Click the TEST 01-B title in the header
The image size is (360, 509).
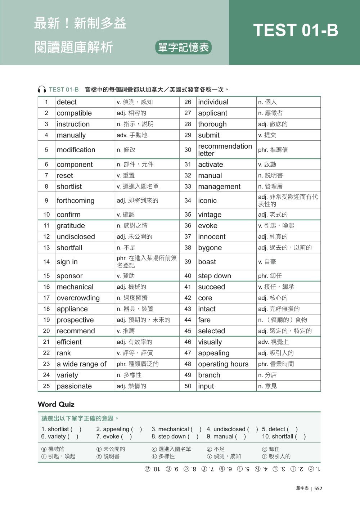click(296, 30)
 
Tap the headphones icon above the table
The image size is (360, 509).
click(42, 90)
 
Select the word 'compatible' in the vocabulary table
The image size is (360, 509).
click(74, 113)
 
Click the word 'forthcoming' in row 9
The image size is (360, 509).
click(76, 201)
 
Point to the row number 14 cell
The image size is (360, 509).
click(46, 262)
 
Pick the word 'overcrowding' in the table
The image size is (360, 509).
click(78, 298)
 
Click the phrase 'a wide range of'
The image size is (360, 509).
click(82, 364)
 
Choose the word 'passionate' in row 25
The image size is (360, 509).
click(74, 386)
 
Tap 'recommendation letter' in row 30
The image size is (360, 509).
click(225, 150)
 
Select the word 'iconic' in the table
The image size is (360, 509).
click(207, 201)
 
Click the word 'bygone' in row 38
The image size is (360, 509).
click(210, 248)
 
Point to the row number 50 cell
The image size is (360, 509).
click(188, 386)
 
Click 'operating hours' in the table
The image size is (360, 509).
click(223, 364)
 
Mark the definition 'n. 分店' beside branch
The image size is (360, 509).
click(267, 375)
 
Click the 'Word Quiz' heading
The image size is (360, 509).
click(56, 404)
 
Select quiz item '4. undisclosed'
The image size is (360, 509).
click(228, 429)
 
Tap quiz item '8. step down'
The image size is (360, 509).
click(170, 436)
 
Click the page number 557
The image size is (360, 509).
click(318, 488)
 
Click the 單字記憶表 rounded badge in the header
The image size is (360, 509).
click(184, 48)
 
